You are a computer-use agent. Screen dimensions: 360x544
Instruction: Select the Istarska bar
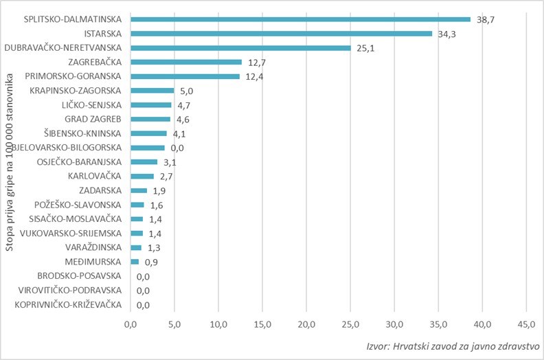point(281,33)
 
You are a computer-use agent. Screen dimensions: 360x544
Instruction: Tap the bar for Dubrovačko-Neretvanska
point(240,47)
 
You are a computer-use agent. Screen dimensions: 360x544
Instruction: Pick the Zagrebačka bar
point(186,62)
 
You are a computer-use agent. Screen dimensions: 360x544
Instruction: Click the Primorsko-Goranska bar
point(185,76)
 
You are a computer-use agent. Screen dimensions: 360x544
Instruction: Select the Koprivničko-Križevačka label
point(69,304)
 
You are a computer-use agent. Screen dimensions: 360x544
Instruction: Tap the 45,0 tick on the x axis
point(526,324)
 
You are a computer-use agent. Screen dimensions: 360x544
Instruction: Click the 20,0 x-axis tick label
point(306,324)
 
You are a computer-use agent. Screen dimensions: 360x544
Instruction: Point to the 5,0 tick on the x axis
point(174,324)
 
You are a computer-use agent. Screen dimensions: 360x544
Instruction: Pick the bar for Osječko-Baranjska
point(144,161)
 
